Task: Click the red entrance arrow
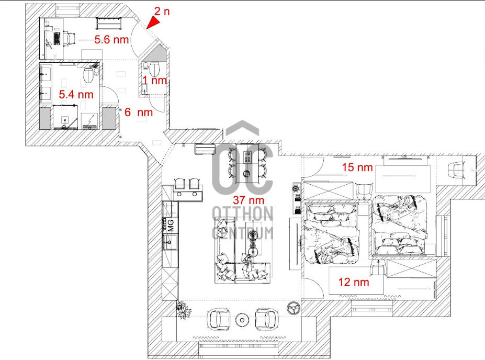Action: [x=154, y=22]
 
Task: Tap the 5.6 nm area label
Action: [x=111, y=39]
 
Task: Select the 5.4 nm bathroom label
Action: [x=76, y=94]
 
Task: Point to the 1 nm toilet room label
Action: [x=155, y=81]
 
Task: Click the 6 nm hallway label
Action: [x=139, y=112]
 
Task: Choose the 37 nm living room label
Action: [x=249, y=200]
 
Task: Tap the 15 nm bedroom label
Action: [x=357, y=167]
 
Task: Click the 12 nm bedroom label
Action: [x=354, y=282]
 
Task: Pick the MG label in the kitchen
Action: [x=171, y=225]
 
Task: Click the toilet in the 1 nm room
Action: [x=154, y=69]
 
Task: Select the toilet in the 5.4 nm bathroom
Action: [x=88, y=75]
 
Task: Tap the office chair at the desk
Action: [x=69, y=38]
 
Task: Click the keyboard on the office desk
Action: [x=57, y=38]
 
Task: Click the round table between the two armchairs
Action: [x=242, y=320]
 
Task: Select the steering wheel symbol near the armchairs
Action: [x=293, y=308]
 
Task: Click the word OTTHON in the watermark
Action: [x=243, y=214]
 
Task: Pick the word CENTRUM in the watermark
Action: [x=243, y=233]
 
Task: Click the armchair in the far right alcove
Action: [x=456, y=170]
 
